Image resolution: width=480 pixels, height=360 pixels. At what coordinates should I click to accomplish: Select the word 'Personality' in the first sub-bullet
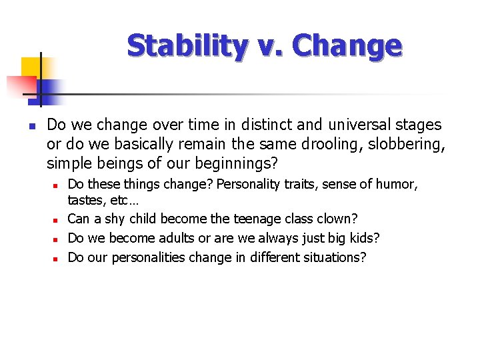tap(250, 184)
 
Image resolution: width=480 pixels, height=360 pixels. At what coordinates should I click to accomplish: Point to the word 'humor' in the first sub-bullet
tap(399, 184)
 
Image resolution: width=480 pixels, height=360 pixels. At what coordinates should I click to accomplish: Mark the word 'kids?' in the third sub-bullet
tap(363, 238)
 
